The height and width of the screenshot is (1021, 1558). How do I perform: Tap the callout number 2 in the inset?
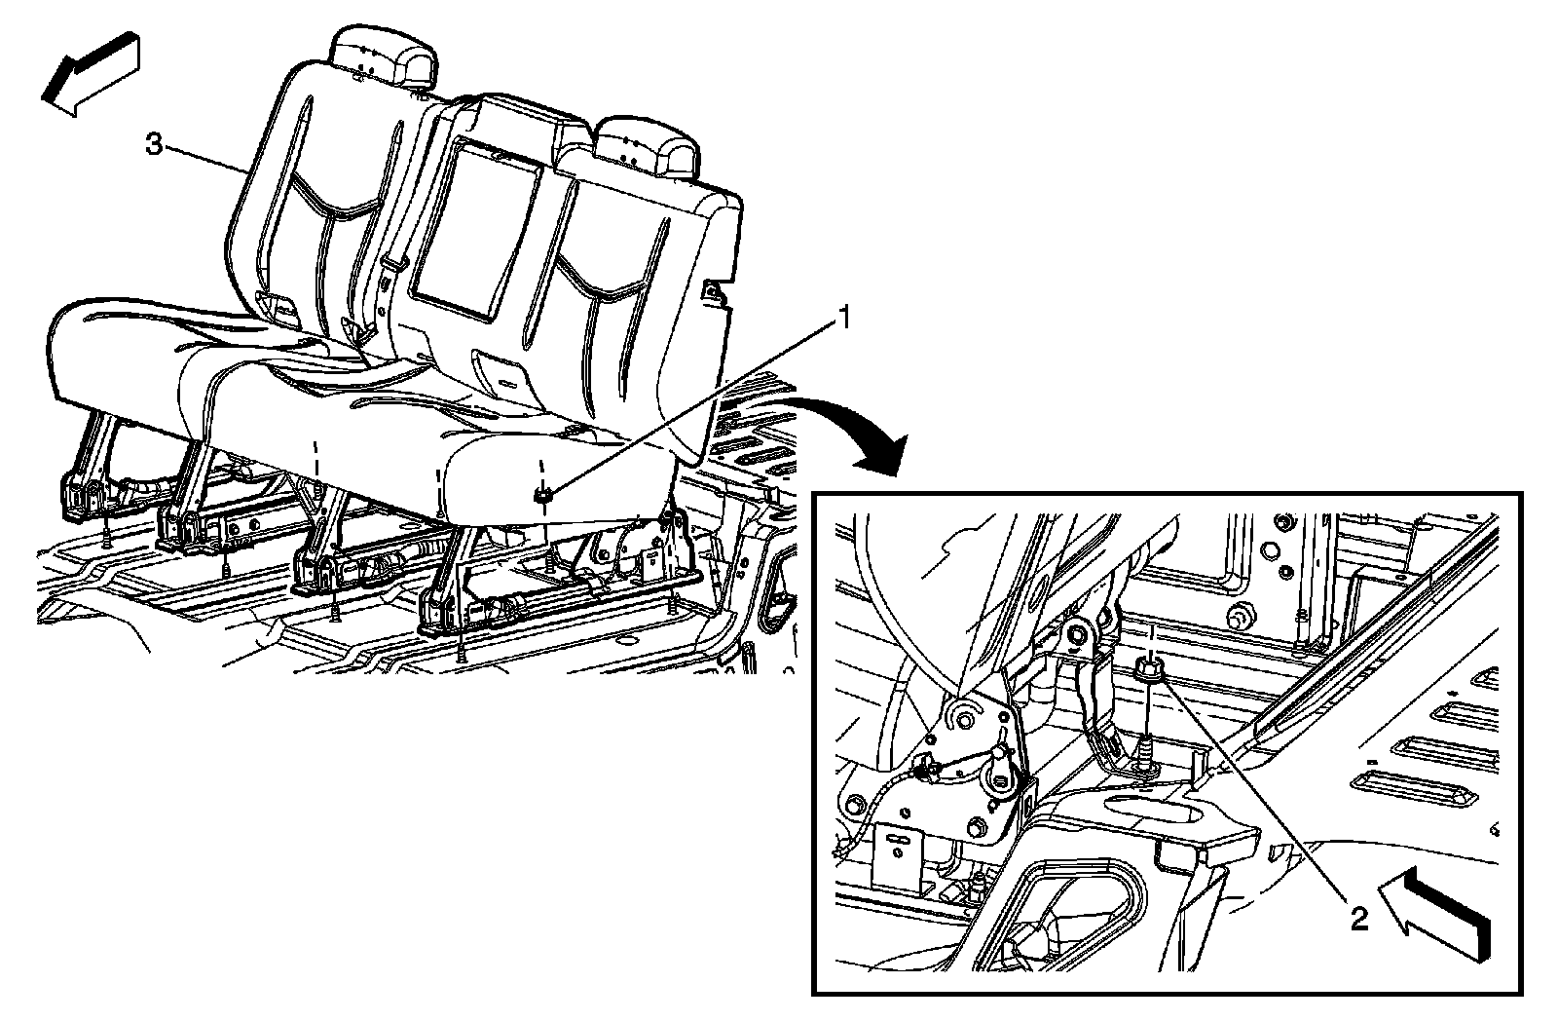point(1357,918)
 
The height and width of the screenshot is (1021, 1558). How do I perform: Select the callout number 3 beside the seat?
point(154,144)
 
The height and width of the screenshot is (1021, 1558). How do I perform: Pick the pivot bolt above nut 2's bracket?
point(1077,636)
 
